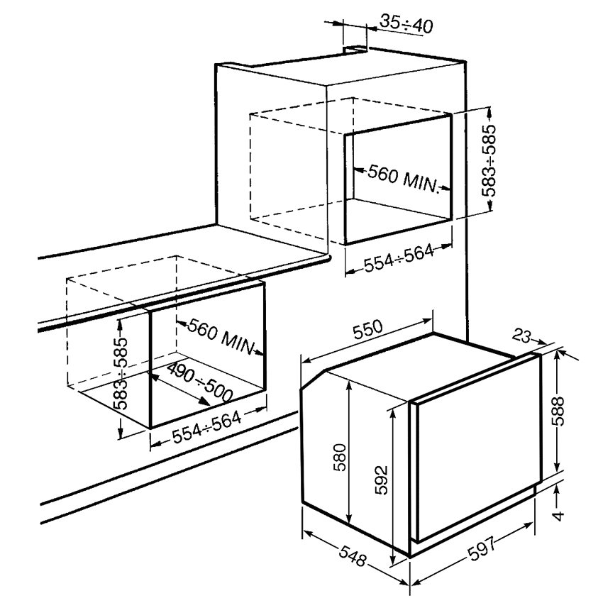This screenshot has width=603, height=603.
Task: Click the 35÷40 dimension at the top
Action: (406, 24)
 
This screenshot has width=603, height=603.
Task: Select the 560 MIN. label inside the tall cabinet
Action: (404, 179)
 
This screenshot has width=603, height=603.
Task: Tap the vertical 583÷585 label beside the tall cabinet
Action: (489, 160)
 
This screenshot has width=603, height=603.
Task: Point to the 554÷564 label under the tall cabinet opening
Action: (399, 258)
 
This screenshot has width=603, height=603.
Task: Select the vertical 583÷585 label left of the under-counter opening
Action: (121, 373)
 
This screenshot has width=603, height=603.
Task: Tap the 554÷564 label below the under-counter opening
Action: (207, 427)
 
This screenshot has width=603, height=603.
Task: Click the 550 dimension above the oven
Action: (368, 329)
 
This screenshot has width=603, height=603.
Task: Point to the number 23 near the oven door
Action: (521, 336)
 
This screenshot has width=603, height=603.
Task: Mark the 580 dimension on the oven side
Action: (340, 458)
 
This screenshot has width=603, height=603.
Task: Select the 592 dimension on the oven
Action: (381, 480)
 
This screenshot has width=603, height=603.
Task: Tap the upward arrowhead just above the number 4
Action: (557, 491)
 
